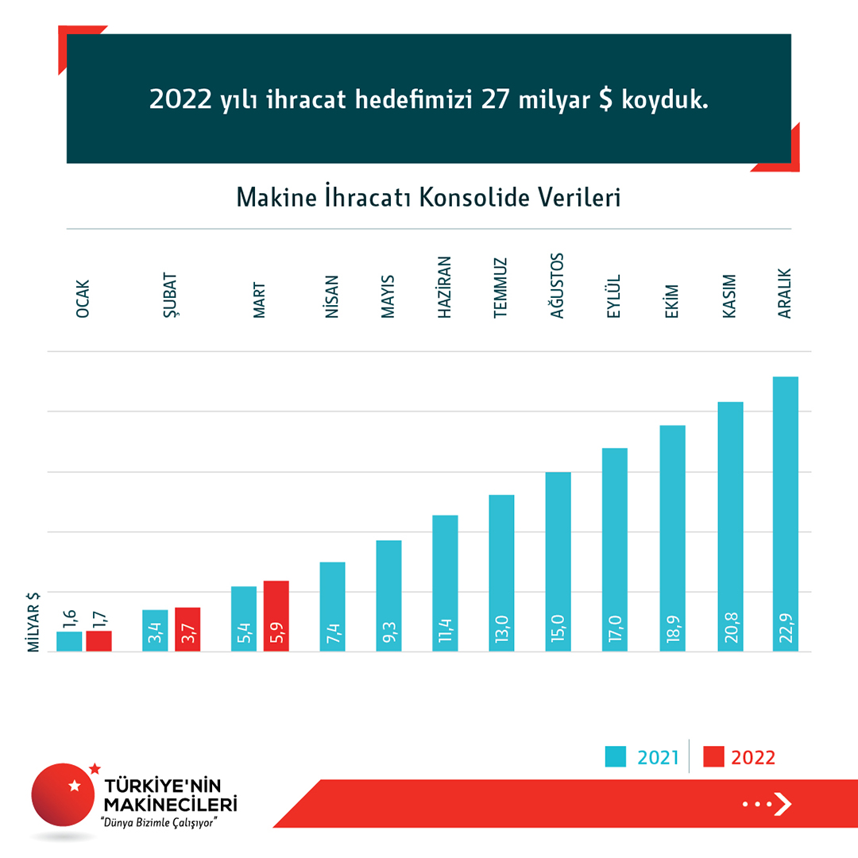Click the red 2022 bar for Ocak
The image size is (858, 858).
[99, 641]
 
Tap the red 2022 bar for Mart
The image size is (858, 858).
[276, 616]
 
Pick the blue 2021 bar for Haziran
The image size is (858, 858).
[445, 583]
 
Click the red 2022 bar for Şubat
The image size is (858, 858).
[187, 629]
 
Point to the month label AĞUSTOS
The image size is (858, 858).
[558, 286]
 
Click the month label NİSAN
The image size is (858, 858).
[332, 296]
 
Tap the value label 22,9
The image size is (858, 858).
[786, 628]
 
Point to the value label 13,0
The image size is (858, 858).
[502, 628]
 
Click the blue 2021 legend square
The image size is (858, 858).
[616, 757]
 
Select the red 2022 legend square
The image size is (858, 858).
[714, 757]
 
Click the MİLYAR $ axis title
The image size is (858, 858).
[34, 622]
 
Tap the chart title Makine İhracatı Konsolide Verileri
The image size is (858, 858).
[428, 197]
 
